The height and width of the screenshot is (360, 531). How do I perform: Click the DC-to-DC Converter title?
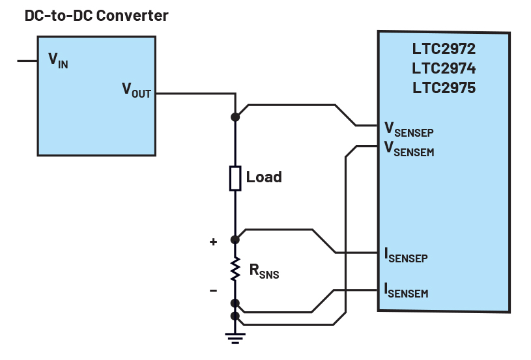point(96,16)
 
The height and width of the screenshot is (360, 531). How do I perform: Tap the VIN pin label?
point(58,60)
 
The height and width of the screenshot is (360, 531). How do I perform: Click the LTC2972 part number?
point(443,49)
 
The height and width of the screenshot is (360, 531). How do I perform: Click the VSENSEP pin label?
point(409,129)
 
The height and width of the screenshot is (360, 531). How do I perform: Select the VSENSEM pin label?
point(409,149)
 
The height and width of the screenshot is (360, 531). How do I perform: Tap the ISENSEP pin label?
point(406,255)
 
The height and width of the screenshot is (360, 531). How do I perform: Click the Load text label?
point(264,177)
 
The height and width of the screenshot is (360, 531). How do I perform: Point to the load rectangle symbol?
point(235,178)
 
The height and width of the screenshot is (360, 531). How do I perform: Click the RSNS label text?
point(263,271)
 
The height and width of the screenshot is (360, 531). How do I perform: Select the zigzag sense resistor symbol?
point(235,270)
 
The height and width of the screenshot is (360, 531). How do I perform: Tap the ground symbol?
point(235,337)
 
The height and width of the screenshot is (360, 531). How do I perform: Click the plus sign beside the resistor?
point(213,242)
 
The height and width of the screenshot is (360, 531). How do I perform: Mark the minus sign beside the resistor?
point(213,290)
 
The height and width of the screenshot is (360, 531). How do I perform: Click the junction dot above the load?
point(235,117)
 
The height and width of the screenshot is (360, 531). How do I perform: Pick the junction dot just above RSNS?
point(235,240)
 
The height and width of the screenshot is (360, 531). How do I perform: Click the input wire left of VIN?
point(27,61)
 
